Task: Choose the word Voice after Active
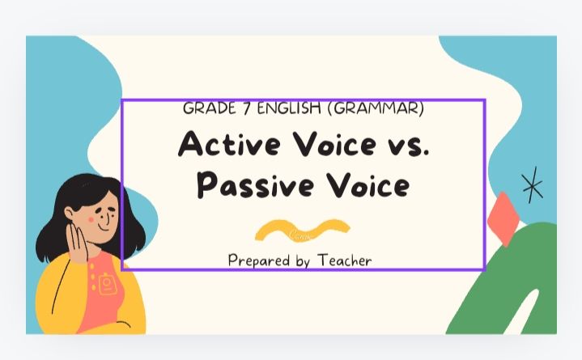click(x=339, y=145)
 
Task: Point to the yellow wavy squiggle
click(x=302, y=230)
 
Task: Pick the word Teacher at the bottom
click(x=345, y=260)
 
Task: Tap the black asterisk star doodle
click(x=532, y=185)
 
